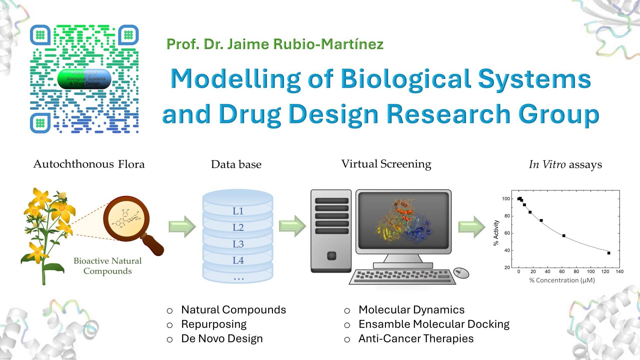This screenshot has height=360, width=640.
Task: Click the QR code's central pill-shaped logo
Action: tap(84, 79)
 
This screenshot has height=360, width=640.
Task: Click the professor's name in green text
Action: tap(275, 44)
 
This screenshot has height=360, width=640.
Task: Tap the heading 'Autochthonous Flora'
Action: tap(89, 164)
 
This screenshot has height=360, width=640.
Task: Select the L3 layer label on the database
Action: tap(238, 244)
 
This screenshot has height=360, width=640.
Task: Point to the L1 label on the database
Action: tap(238, 211)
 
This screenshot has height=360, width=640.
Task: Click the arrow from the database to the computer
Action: tap(292, 226)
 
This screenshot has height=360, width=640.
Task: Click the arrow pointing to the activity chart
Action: tap(472, 227)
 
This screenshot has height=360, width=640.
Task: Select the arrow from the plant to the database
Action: tap(182, 227)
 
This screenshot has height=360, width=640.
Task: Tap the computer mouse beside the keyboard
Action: tap(461, 273)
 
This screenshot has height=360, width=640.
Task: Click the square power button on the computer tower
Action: tap(332, 256)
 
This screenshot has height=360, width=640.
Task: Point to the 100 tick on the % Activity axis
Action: tap(506, 199)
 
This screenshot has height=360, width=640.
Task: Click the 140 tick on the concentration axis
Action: tap(619, 272)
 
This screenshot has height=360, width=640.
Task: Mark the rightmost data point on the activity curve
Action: tap(609, 253)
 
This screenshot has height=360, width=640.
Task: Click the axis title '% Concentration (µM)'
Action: tap(562, 280)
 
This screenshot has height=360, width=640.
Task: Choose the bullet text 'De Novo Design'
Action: tap(222, 339)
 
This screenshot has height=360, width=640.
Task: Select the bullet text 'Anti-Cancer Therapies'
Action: tap(416, 339)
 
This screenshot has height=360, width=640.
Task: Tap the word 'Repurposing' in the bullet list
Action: tap(214, 324)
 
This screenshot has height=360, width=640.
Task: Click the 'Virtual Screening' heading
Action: tap(386, 164)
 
